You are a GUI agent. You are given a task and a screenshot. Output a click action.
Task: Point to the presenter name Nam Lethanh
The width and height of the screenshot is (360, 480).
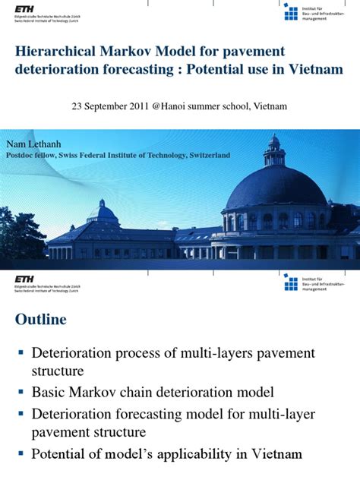[x=34, y=144]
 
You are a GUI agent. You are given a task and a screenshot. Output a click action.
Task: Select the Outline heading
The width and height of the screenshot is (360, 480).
[x=41, y=320]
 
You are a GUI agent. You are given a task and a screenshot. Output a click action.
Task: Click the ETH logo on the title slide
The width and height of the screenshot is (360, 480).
[x=24, y=8]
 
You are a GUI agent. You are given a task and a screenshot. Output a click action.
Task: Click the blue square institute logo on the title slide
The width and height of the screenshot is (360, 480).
[x=291, y=11]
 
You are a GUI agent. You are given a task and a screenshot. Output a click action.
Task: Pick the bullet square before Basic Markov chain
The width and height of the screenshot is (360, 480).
[x=21, y=393]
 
